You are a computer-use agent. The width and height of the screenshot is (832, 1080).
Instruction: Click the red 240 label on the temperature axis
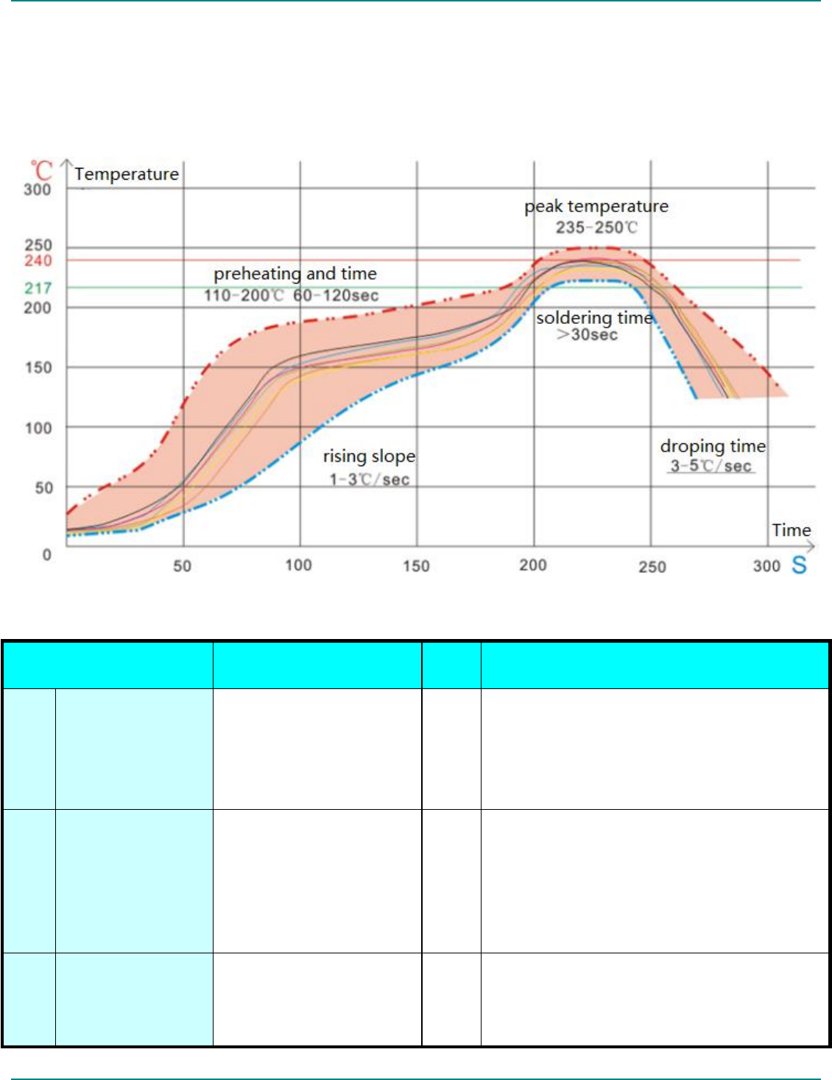[x=38, y=261]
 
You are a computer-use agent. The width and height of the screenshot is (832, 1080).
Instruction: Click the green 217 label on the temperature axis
[x=38, y=288]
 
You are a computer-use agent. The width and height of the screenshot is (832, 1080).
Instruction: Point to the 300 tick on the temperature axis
[x=38, y=189]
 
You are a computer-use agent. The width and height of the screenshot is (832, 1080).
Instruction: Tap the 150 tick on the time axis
[x=416, y=565]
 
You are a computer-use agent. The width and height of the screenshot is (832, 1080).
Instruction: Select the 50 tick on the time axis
[x=182, y=565]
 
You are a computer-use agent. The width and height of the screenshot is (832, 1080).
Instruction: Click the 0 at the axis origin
[x=47, y=554]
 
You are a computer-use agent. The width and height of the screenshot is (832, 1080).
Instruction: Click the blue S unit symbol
[x=799, y=565]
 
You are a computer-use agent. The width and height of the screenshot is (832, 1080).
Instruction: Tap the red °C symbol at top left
[x=41, y=171]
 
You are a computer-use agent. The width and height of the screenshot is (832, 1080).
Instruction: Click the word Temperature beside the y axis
[x=127, y=174]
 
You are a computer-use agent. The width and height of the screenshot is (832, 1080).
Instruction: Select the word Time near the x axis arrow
[x=791, y=530]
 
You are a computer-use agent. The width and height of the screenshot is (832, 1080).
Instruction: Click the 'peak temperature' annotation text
[x=596, y=206]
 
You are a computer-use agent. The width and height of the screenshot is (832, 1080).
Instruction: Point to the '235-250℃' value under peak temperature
[x=596, y=227]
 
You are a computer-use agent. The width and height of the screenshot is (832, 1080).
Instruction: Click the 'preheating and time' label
[x=295, y=274]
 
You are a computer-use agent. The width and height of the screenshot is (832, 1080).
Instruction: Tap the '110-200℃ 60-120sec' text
[x=292, y=295]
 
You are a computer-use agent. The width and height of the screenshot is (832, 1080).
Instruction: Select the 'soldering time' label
[x=594, y=318]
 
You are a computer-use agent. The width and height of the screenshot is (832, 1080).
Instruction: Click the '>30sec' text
[x=587, y=335]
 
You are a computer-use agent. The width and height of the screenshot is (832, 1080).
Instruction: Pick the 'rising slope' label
[x=369, y=456]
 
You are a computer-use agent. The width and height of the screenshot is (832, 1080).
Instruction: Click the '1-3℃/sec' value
[x=369, y=479]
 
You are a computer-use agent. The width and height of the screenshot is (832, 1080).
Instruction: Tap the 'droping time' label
[x=713, y=446]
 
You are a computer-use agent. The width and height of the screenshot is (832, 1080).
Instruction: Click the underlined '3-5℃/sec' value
[x=711, y=466]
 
